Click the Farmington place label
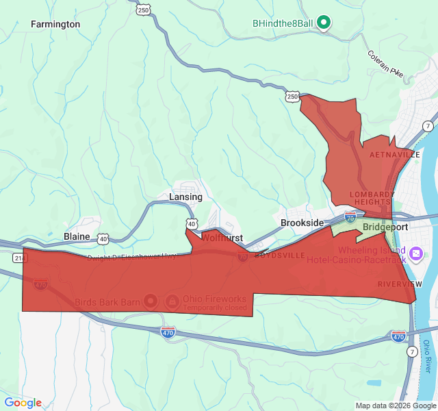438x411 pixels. pos(55,24)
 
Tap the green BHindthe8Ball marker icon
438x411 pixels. pos(324,23)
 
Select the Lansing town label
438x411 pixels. pos(185,197)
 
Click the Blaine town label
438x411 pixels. pos(77,236)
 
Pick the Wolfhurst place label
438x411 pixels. pos(222,238)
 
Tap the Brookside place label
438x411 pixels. pos(302,223)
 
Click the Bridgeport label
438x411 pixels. pos(385,227)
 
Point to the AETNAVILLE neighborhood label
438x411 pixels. pos(395,155)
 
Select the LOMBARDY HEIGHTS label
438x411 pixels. pos(372,198)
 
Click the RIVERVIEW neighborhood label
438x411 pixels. pos(400,284)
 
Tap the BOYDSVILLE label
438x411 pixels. pos(280,255)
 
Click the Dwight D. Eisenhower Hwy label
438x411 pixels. pos(131,258)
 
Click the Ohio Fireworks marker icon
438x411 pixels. pos(172,300)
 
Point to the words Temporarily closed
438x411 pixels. pos(215,308)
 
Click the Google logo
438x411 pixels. pos(23,403)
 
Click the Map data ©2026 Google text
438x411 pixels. pos(395,406)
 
